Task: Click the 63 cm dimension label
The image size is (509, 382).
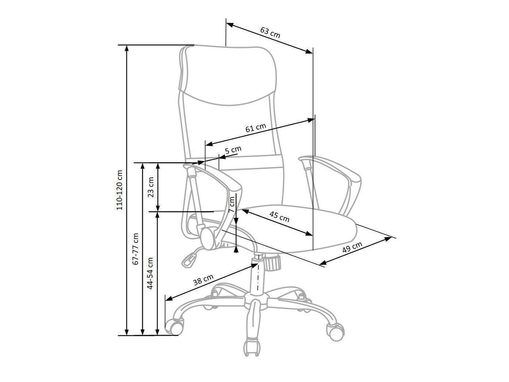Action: pyautogui.click(x=270, y=33)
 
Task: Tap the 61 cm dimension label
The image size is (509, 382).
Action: pyautogui.click(x=255, y=128)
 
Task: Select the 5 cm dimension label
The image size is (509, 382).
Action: pyautogui.click(x=233, y=150)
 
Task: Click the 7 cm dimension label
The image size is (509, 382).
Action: pyautogui.click(x=232, y=205)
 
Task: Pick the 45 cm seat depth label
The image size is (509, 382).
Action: pyautogui.click(x=279, y=217)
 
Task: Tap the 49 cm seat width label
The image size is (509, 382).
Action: pyautogui.click(x=352, y=247)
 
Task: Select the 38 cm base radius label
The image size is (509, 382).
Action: pyautogui.click(x=203, y=280)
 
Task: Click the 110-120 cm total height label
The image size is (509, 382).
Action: pyautogui.click(x=119, y=190)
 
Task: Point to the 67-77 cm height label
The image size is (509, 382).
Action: pyautogui.click(x=135, y=249)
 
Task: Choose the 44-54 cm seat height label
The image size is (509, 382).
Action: pyautogui.click(x=150, y=273)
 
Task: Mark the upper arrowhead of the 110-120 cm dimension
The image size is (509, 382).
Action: pyautogui.click(x=127, y=48)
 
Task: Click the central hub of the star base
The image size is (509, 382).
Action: pyautogui.click(x=256, y=301)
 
